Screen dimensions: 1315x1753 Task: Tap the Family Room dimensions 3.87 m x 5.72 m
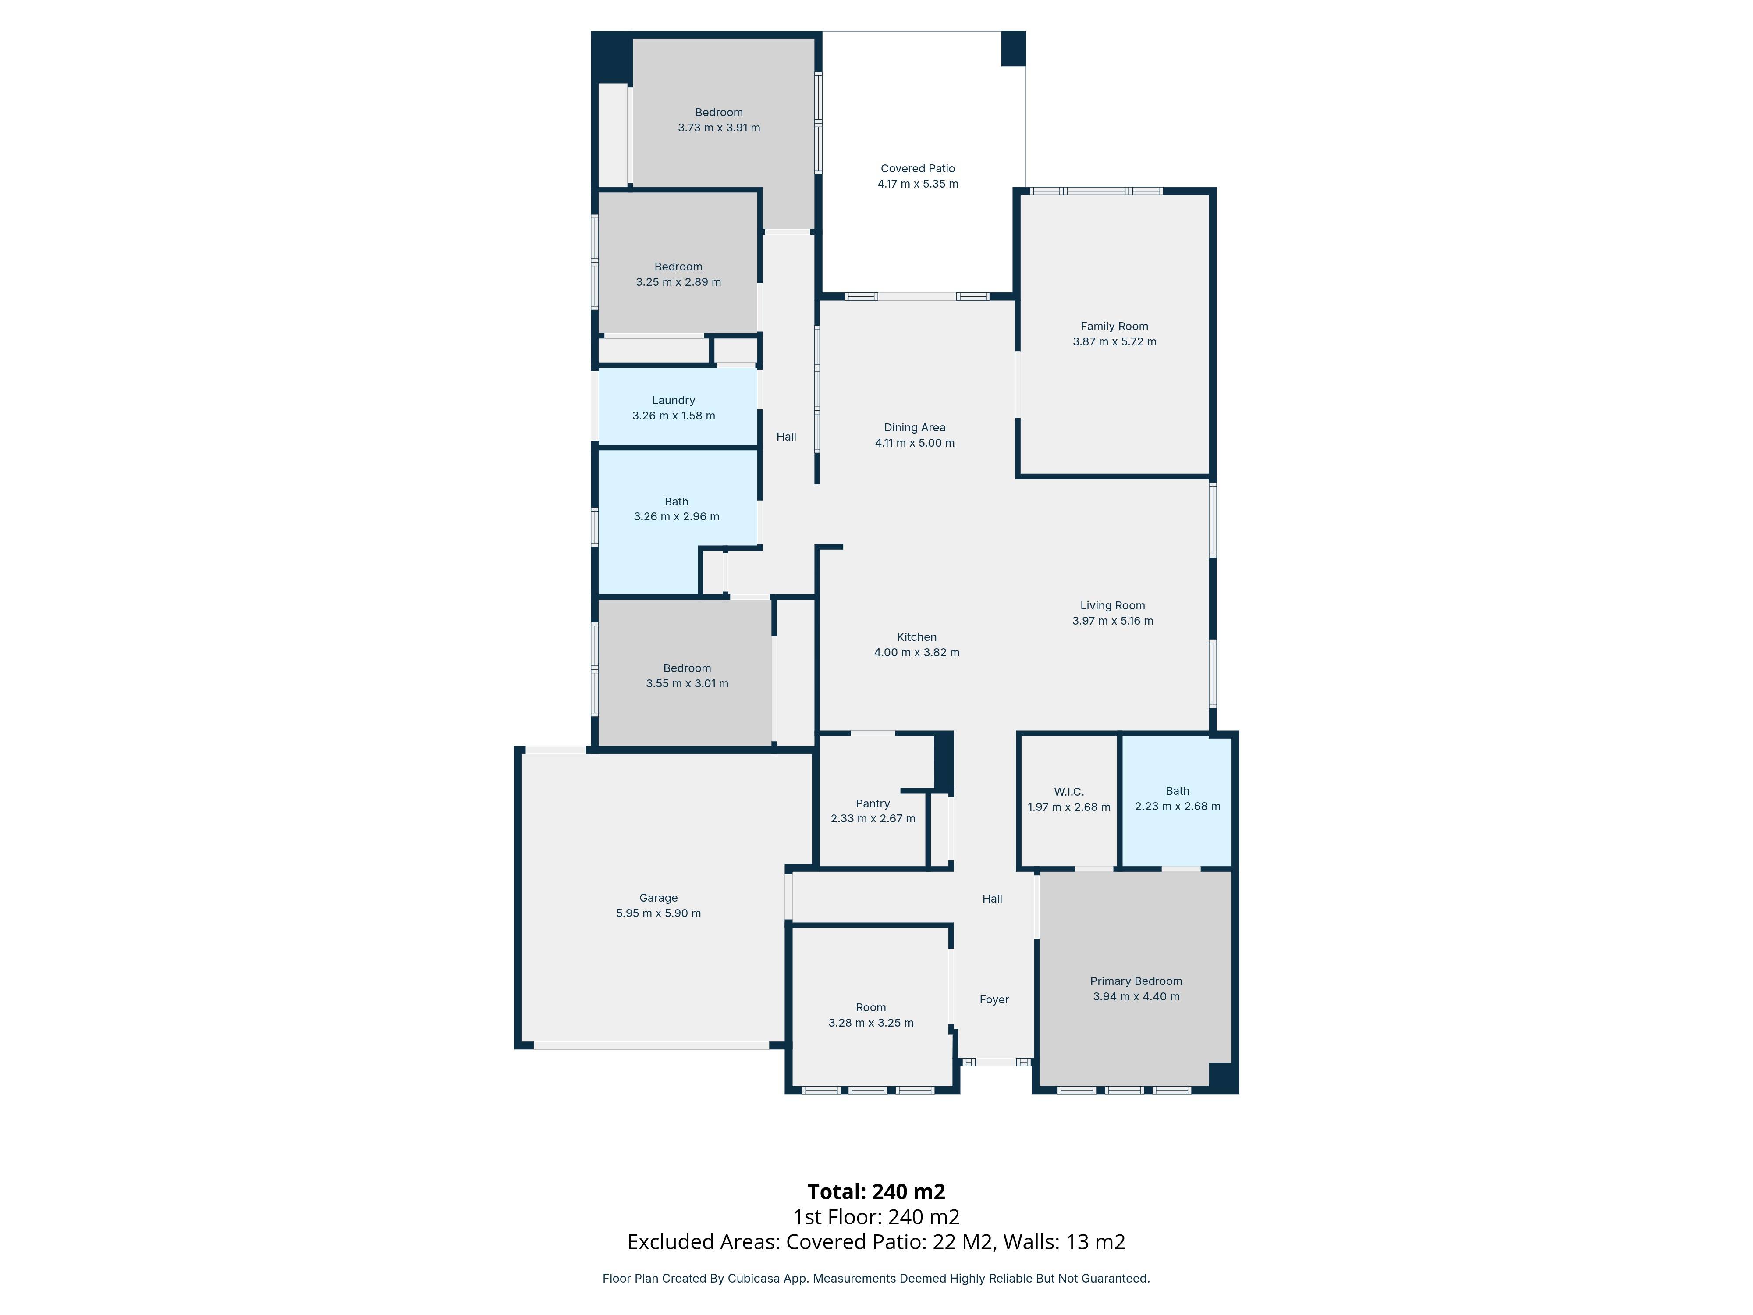(1114, 341)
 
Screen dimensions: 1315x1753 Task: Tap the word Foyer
(994, 999)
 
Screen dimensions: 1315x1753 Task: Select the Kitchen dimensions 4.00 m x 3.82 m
(916, 652)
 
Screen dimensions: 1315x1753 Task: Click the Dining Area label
(915, 427)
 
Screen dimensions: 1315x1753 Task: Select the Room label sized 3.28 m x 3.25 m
(870, 1007)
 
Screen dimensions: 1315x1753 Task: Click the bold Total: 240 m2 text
(876, 1191)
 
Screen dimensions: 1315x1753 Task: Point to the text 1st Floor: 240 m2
(876, 1217)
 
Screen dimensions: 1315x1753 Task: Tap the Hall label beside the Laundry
(786, 437)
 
